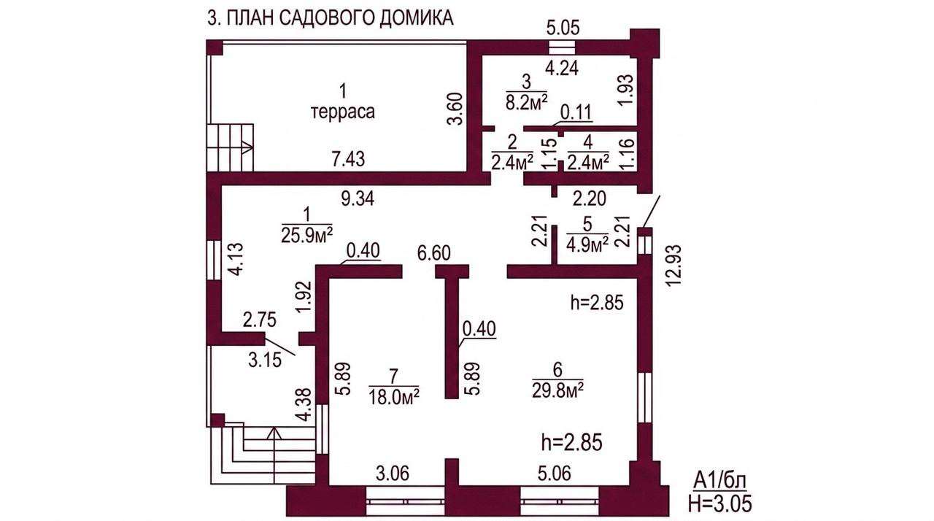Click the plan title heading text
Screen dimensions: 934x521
(331, 18)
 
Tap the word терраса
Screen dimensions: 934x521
(343, 112)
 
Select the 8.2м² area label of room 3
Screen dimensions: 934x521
(527, 101)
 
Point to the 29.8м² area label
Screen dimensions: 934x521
(557, 391)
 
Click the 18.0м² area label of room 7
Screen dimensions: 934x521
(393, 396)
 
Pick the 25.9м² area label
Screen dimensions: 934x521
(307, 235)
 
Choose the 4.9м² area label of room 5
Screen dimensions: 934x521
(587, 244)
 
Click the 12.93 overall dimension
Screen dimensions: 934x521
(674, 265)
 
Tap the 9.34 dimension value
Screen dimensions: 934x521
(358, 198)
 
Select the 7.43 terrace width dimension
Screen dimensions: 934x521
(349, 159)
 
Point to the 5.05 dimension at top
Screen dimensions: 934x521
(563, 28)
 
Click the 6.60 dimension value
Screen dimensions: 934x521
(434, 253)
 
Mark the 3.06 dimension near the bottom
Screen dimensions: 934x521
(393, 474)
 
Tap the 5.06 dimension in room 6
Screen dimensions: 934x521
(554, 474)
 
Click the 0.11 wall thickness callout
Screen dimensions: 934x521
(576, 112)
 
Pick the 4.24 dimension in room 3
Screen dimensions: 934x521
(562, 69)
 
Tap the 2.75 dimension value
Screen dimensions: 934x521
(260, 320)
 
